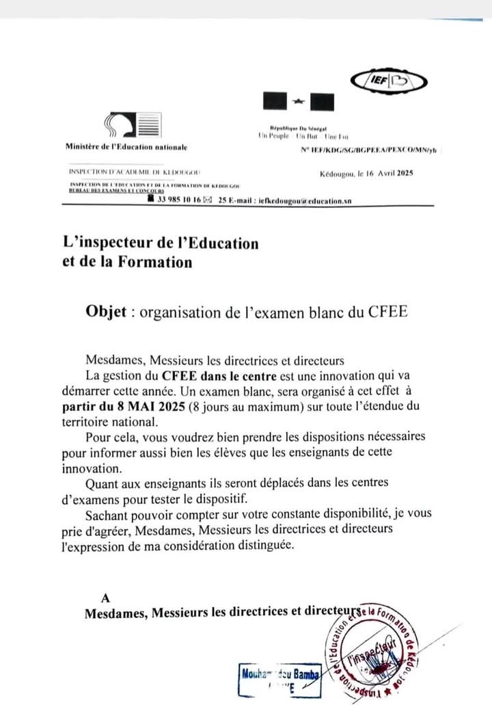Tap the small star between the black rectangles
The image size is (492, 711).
pos(298,102)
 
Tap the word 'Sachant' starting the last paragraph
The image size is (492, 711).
pos(107,513)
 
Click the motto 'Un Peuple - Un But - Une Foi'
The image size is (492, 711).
pos(288,137)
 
